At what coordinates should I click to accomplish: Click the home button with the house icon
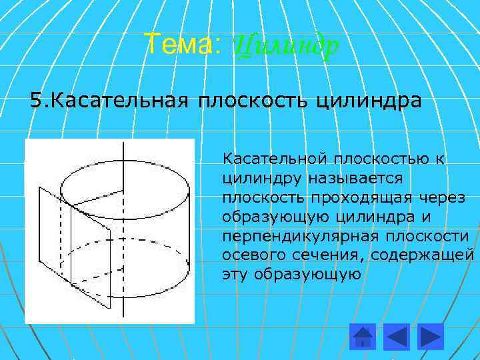363,336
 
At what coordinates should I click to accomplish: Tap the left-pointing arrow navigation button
398,336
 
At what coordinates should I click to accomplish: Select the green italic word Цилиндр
287,46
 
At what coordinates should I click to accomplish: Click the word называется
354,179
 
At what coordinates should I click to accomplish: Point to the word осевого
250,255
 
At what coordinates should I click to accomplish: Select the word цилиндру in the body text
262,179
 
